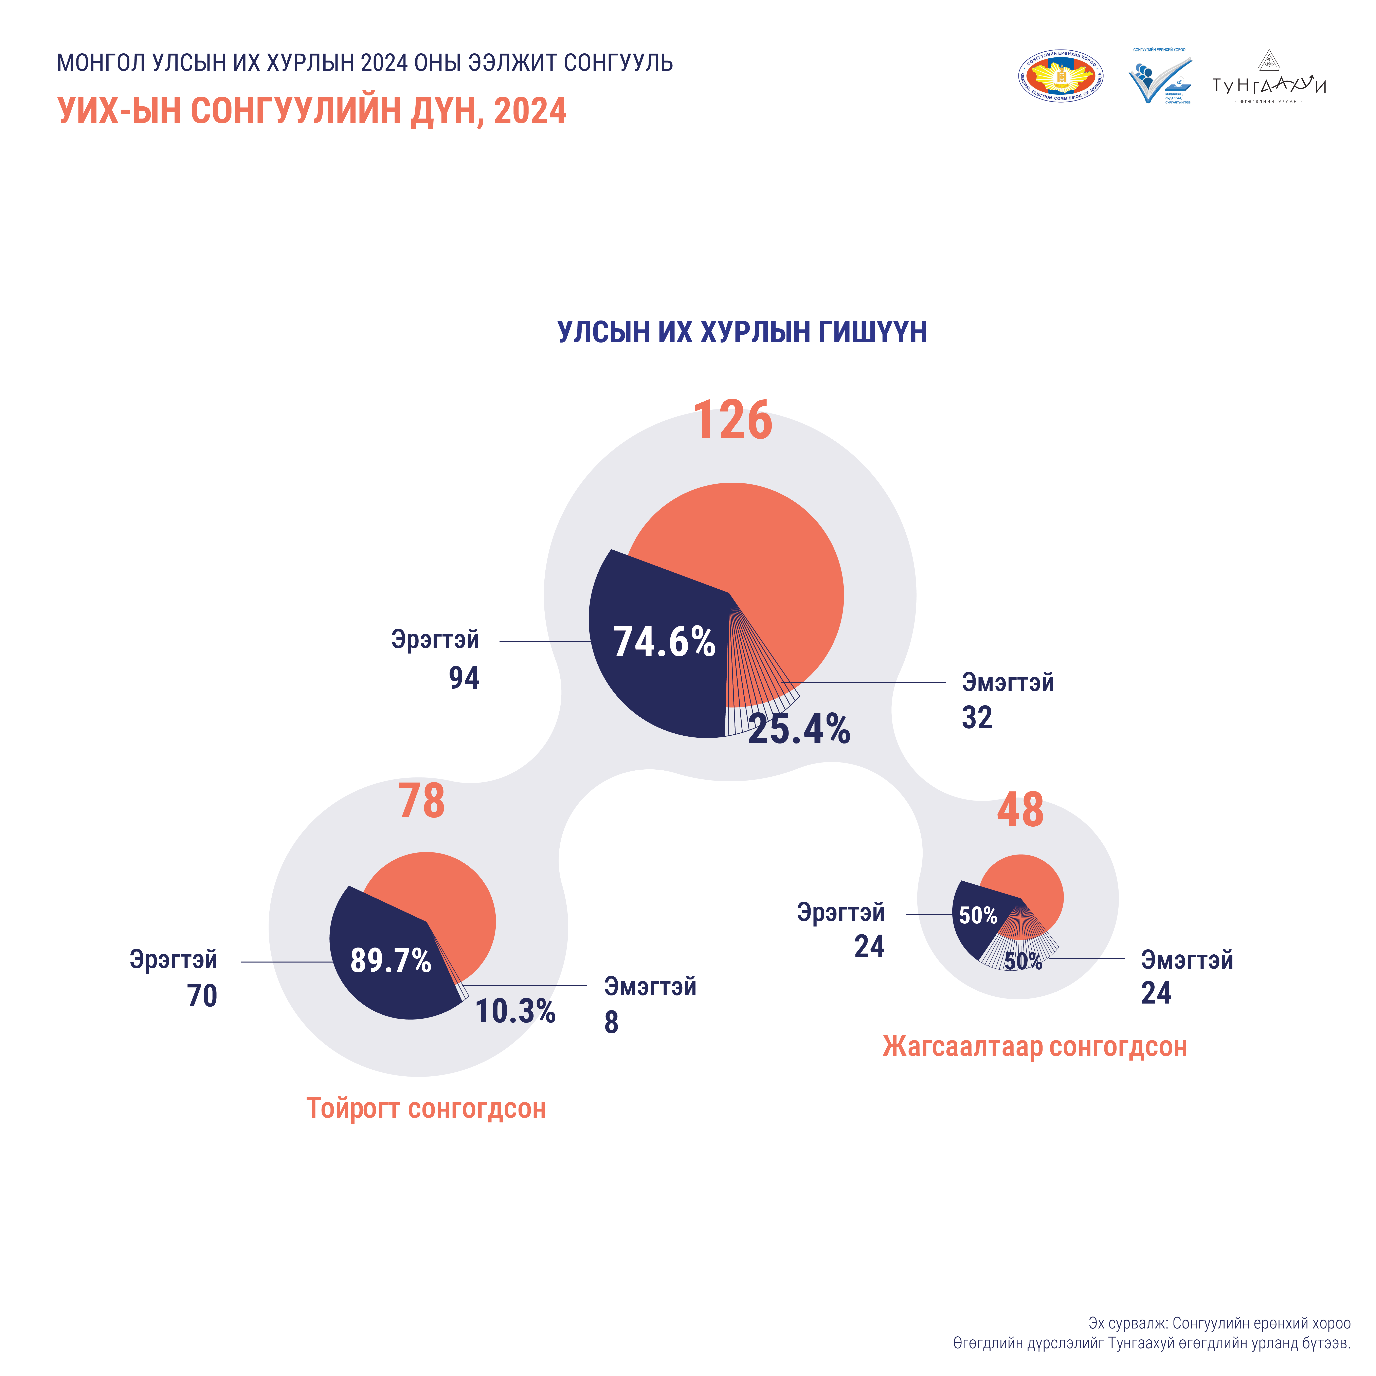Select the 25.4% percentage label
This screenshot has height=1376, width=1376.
tap(799, 729)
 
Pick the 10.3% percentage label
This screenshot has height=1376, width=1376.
tap(515, 1011)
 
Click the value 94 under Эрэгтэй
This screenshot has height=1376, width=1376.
tap(464, 678)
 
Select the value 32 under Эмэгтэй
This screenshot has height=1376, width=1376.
tap(976, 718)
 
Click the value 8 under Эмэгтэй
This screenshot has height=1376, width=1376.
tap(611, 1023)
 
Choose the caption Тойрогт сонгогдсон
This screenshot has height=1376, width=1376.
tap(426, 1109)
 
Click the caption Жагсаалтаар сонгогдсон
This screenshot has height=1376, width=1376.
tap(1034, 1047)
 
